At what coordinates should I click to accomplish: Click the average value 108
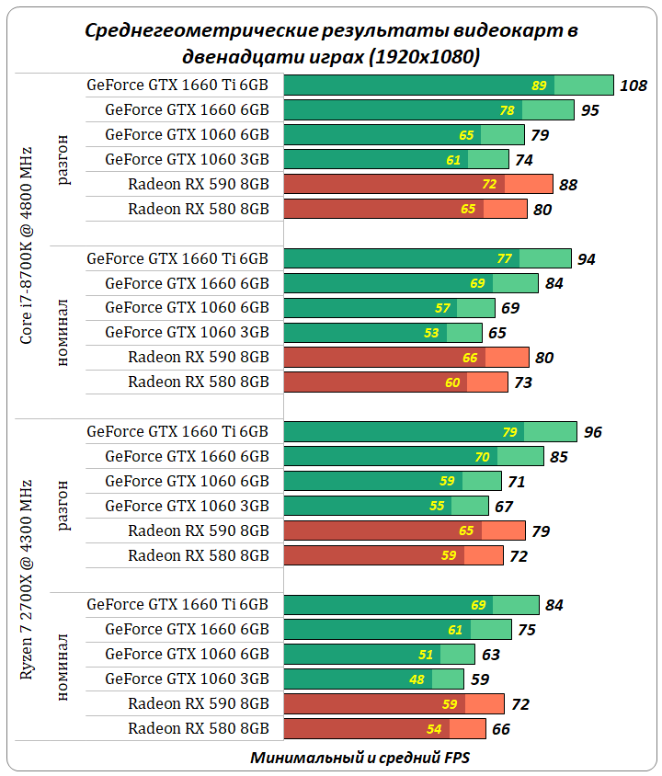634,86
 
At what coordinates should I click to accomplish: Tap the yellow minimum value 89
540,86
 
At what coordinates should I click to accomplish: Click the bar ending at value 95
428,110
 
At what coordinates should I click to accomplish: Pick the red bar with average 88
418,184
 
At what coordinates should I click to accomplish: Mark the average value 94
587,259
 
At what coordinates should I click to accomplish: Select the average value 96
592,432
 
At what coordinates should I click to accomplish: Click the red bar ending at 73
395,382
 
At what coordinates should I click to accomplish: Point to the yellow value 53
432,333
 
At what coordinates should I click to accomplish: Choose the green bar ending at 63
379,655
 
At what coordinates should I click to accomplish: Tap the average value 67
503,507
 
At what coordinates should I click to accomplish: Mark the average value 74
524,160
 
